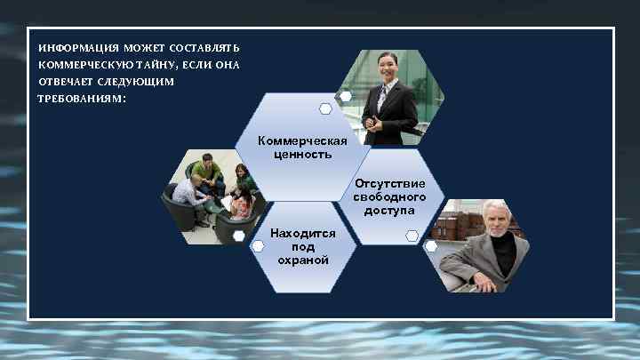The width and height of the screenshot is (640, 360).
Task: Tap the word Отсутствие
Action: pyautogui.click(x=389, y=184)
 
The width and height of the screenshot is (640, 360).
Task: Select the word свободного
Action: pyautogui.click(x=389, y=197)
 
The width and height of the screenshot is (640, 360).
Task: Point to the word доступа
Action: pyautogui.click(x=389, y=211)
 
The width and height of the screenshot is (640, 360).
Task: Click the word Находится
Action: pyautogui.click(x=303, y=233)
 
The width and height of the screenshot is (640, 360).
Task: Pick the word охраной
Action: pyautogui.click(x=303, y=260)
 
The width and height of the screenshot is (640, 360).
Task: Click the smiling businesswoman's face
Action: pyautogui.click(x=388, y=67)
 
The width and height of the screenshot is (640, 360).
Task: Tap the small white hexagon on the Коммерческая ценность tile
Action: pyautogui.click(x=326, y=109)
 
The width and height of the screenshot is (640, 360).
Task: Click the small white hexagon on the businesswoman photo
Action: pyautogui.click(x=344, y=96)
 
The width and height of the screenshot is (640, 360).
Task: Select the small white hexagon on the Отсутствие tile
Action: pyautogui.click(x=412, y=236)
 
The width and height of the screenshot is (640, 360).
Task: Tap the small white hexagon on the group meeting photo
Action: pyautogui.click(x=240, y=235)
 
